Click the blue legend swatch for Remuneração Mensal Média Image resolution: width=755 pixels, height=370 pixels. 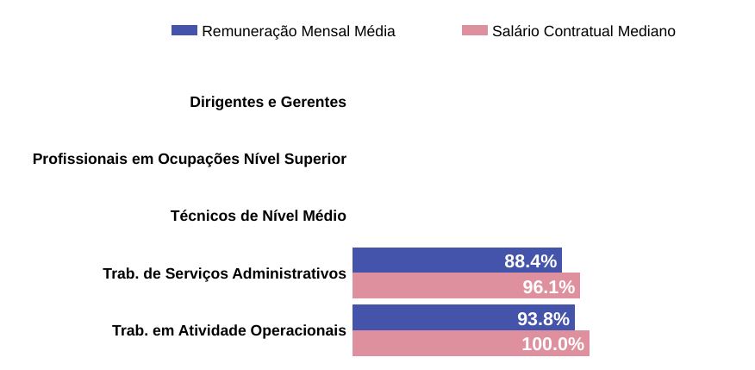[x=184, y=31]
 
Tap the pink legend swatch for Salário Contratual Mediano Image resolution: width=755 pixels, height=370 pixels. [x=475, y=31]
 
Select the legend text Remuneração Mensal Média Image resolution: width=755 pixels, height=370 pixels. [x=298, y=32]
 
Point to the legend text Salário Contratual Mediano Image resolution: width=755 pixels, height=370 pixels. [x=583, y=32]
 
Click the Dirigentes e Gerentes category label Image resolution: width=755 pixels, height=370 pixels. [x=268, y=103]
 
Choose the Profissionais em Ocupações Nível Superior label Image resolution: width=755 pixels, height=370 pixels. [x=190, y=160]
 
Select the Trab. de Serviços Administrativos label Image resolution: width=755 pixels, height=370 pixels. [x=224, y=274]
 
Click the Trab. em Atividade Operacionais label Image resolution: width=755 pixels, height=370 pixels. [x=229, y=331]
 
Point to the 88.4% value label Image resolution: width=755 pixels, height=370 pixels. [x=531, y=261]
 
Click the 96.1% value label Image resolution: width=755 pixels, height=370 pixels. [x=549, y=287]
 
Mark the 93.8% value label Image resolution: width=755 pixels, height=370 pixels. [x=544, y=319]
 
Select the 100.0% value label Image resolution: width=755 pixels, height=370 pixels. [x=553, y=344]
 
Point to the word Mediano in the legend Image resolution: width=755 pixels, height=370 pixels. [x=646, y=32]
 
